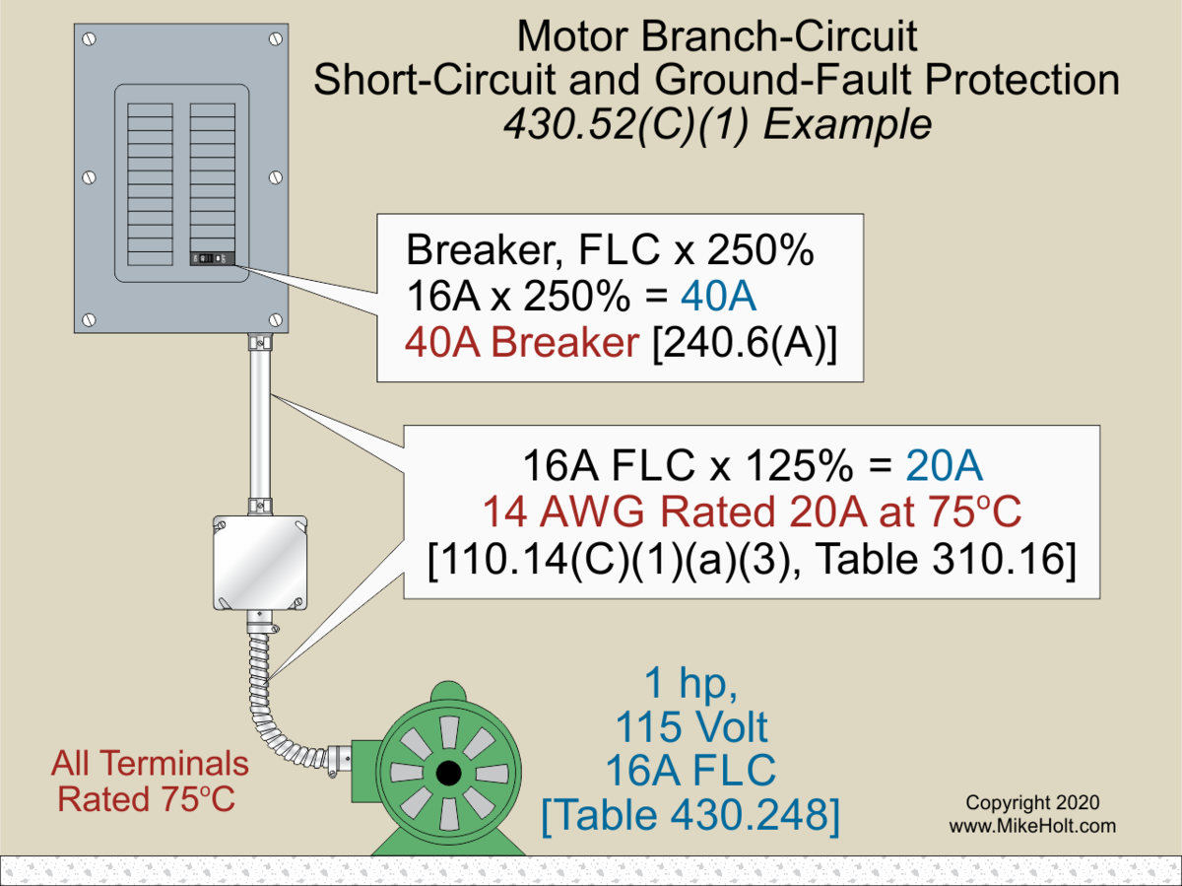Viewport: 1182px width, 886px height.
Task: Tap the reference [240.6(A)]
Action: point(747,344)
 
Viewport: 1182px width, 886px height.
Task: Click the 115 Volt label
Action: point(691,727)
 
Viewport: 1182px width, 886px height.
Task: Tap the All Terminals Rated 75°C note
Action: point(150,780)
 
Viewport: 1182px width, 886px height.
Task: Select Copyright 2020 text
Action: point(1032,803)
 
